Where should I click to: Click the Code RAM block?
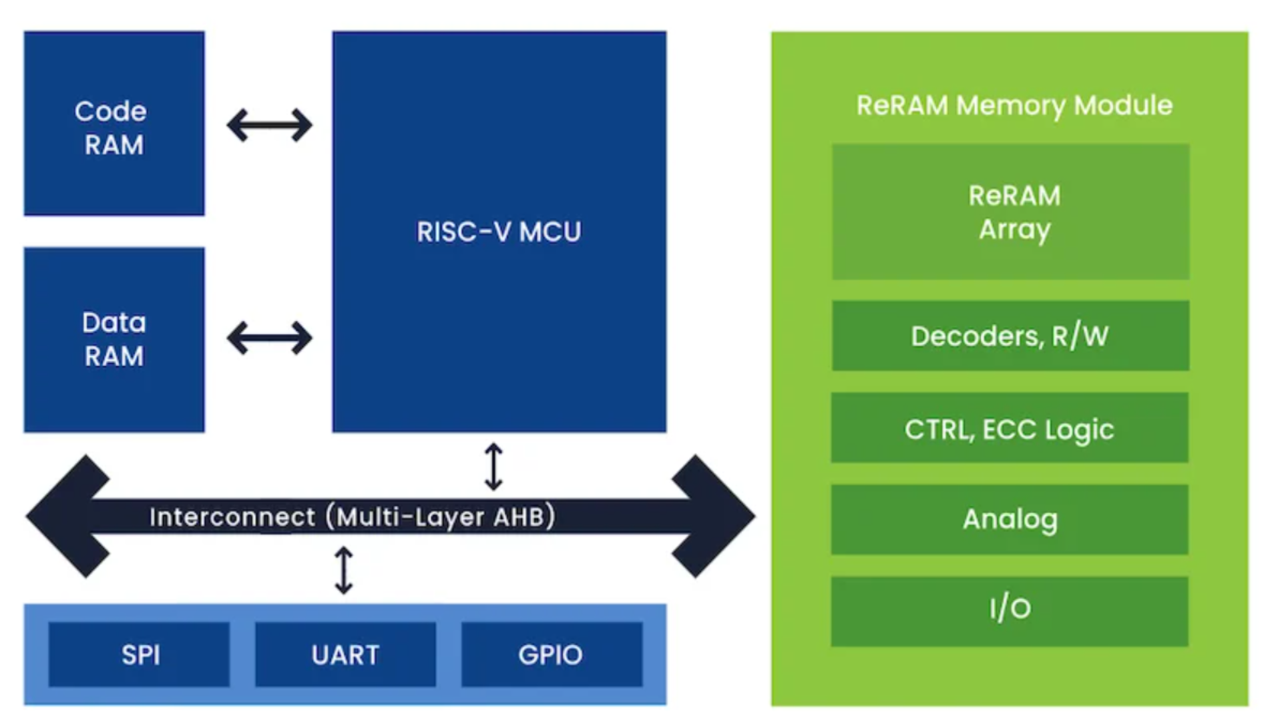tap(114, 124)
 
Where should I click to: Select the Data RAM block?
tap(114, 340)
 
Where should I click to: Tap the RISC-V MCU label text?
tap(499, 232)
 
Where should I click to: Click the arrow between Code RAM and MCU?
tap(269, 125)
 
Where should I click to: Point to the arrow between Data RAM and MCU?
tap(269, 338)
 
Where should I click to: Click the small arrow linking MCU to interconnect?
tap(493, 467)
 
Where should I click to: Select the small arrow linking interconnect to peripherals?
tap(343, 570)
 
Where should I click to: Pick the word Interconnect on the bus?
tap(232, 517)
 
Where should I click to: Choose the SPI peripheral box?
tap(139, 654)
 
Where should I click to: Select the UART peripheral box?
tap(345, 654)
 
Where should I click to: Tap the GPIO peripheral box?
tap(551, 654)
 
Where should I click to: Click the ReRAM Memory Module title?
tap(1014, 105)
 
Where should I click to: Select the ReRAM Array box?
tap(1010, 212)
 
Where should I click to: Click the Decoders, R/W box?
tap(1010, 336)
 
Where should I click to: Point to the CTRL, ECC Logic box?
tap(1010, 428)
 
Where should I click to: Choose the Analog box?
tap(1010, 519)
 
